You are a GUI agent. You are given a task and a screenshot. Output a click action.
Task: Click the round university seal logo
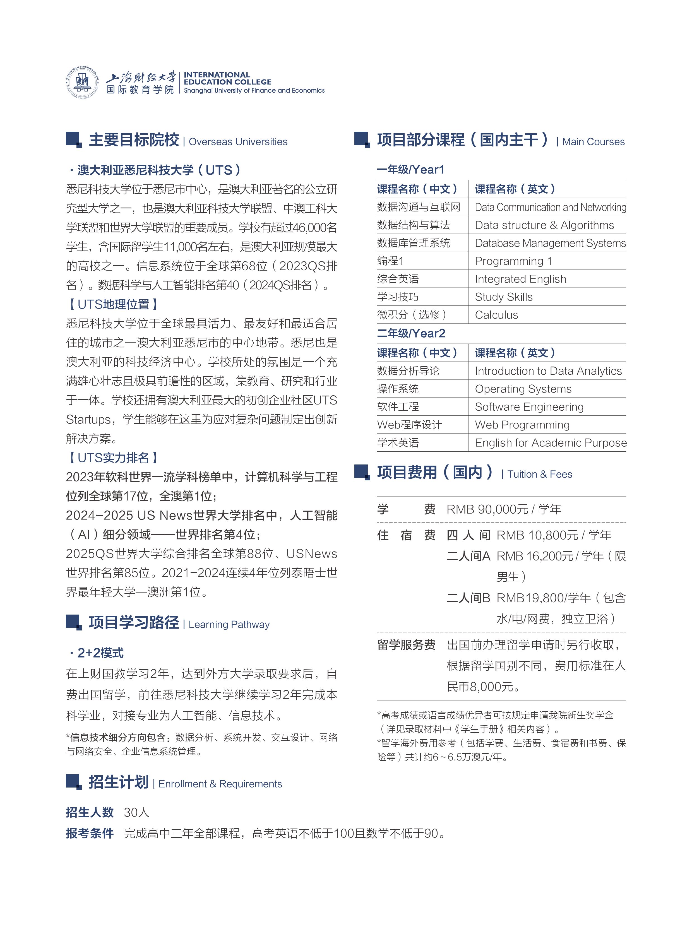(x=83, y=82)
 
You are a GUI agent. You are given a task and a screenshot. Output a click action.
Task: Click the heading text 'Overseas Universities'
(x=238, y=141)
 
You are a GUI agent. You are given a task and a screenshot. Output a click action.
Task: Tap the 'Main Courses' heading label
(x=593, y=141)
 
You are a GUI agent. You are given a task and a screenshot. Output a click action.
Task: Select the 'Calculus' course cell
(x=496, y=315)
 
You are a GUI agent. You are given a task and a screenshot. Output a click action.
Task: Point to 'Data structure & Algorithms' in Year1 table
(x=544, y=225)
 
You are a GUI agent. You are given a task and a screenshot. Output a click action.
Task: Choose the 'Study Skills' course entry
(x=503, y=297)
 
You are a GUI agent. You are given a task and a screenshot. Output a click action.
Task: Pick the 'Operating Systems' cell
(x=523, y=389)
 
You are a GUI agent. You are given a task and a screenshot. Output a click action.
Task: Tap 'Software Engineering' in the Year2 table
(x=529, y=407)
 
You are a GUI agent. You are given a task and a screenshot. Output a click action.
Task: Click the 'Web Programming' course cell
(x=522, y=425)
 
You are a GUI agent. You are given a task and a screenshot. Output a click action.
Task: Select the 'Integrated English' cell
(x=520, y=279)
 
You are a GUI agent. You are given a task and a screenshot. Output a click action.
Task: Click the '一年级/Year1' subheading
(x=410, y=170)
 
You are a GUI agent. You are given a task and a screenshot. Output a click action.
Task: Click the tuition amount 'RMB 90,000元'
(x=487, y=509)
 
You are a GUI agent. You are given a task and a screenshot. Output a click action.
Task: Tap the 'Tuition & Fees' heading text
(x=540, y=474)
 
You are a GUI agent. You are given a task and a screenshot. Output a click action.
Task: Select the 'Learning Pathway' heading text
(x=229, y=624)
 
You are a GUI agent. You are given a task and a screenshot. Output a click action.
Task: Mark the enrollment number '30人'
(x=136, y=813)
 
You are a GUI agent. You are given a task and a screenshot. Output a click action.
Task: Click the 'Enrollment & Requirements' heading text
(x=220, y=784)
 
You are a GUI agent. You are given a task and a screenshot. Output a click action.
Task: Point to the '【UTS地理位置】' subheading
(x=113, y=304)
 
